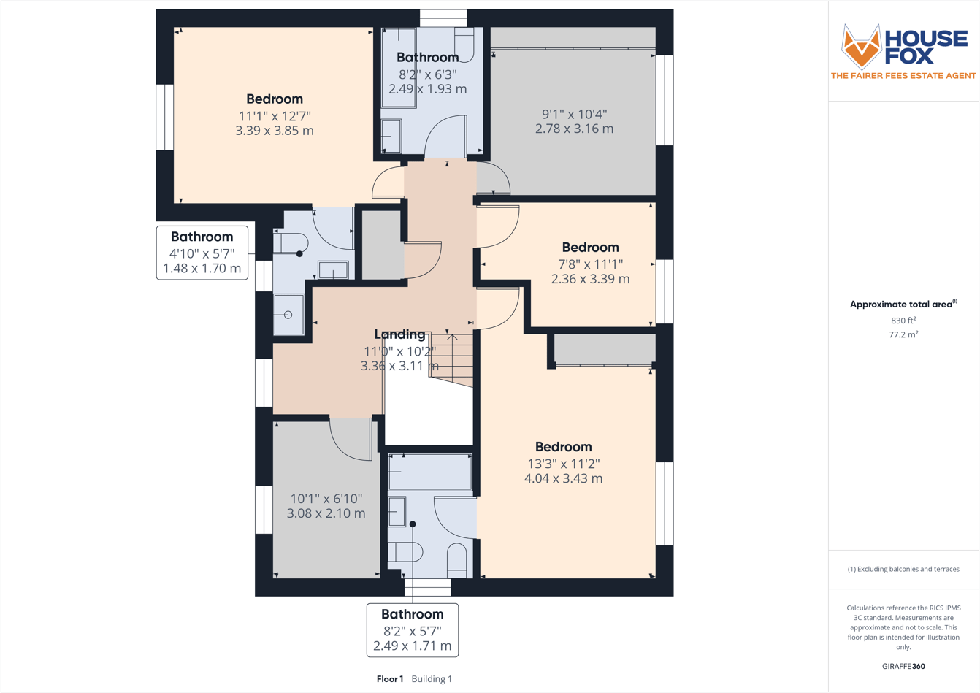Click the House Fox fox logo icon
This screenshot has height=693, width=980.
[861, 45]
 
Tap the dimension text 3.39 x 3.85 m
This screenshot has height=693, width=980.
[275, 131]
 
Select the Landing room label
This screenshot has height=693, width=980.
[399, 334]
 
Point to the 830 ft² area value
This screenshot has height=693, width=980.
[903, 321]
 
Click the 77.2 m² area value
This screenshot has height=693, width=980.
[903, 334]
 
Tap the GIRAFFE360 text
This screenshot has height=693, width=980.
[903, 666]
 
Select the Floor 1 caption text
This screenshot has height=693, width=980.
[390, 679]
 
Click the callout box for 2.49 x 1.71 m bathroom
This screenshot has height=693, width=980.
[412, 630]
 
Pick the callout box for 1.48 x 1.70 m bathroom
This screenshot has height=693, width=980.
[202, 253]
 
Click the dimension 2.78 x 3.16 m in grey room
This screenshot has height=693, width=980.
[574, 129]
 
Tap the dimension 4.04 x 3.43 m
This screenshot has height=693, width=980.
[563, 479]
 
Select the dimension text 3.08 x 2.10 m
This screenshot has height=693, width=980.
[326, 513]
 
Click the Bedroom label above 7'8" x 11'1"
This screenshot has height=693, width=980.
[590, 248]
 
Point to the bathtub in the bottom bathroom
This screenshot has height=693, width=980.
[430, 472]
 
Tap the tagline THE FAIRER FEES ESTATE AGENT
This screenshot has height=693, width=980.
[903, 76]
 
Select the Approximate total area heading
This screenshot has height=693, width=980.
[903, 305]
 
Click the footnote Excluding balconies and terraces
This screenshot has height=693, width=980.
[903, 569]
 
